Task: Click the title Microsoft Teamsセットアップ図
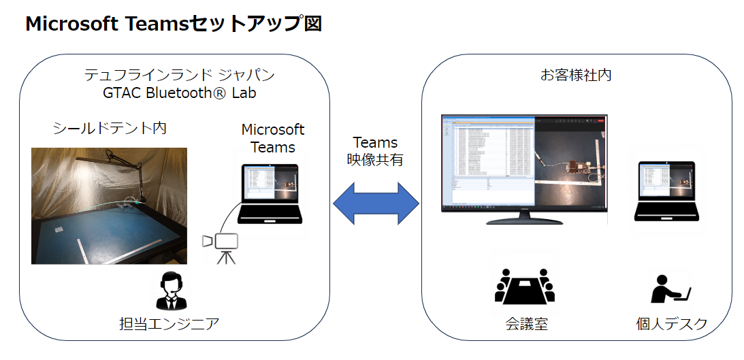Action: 173,24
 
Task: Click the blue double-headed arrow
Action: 376,203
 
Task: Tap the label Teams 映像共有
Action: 375,152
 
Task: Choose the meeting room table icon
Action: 524,286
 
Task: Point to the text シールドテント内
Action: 110,128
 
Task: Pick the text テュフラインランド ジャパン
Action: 179,74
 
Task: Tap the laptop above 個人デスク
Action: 665,191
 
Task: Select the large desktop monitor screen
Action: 523,163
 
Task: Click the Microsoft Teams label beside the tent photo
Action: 273,138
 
